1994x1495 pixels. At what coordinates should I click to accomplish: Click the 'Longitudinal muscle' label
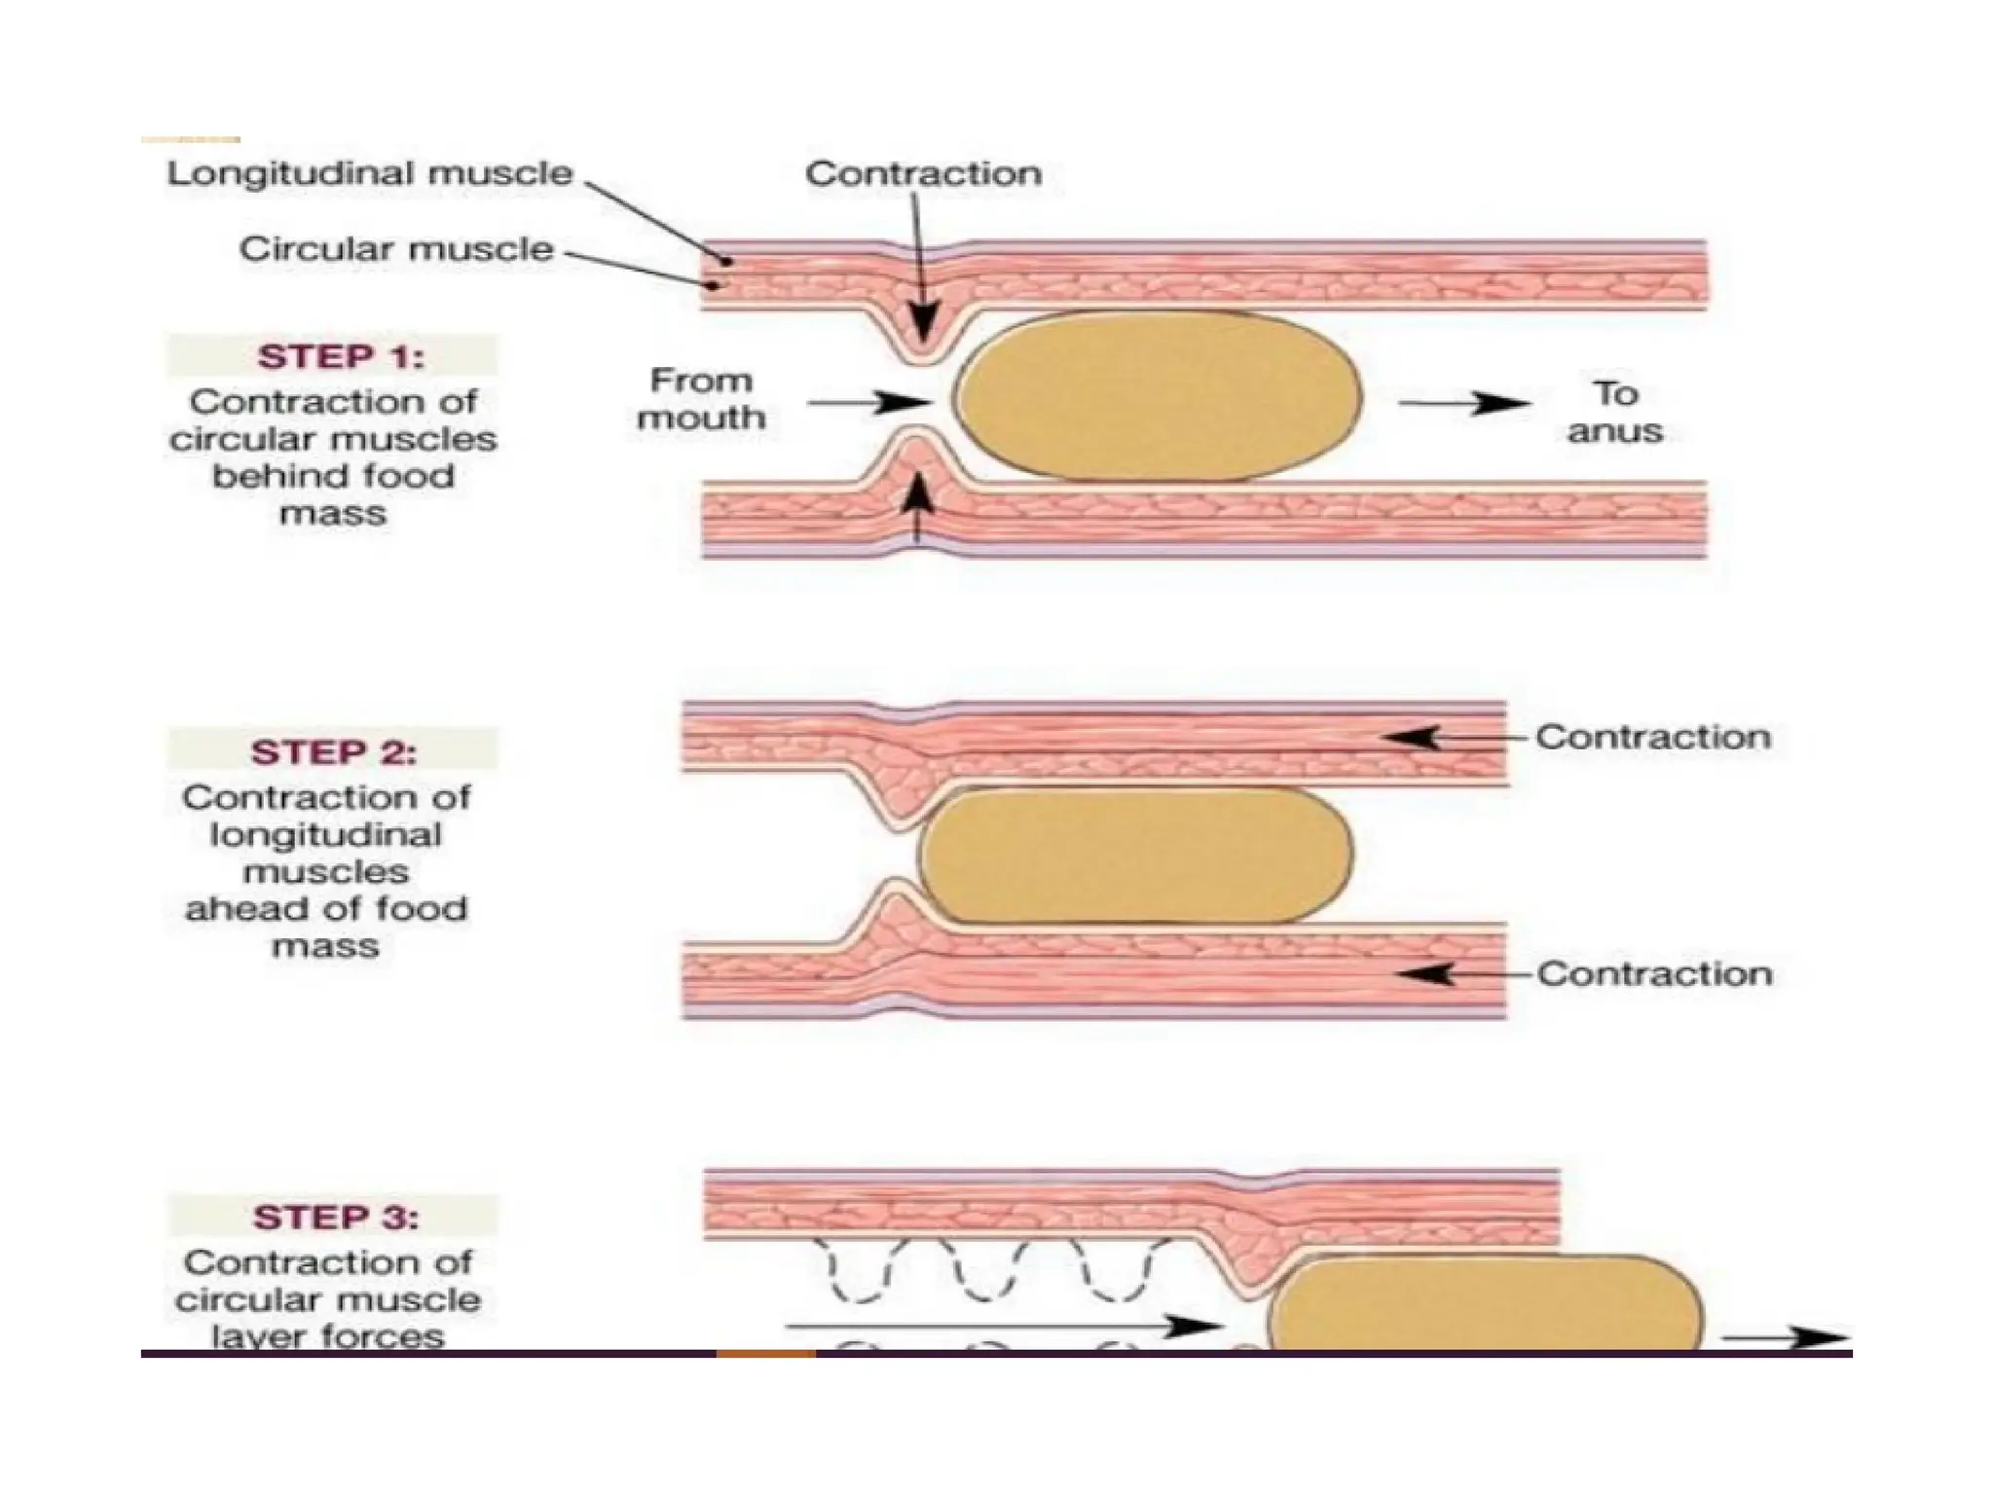pyautogui.click(x=370, y=173)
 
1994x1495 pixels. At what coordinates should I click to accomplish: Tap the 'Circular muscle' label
pyautogui.click(x=396, y=249)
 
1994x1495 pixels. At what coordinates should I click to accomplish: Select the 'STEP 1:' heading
pyautogui.click(x=340, y=357)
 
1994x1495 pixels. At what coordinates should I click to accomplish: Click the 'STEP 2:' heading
pyautogui.click(x=333, y=752)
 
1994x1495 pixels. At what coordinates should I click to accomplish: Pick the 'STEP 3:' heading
pyautogui.click(x=335, y=1218)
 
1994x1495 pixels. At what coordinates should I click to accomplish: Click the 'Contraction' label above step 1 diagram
pyautogui.click(x=923, y=174)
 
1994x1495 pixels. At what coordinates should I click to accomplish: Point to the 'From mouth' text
pyautogui.click(x=700, y=399)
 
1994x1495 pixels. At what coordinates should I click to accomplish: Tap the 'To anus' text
pyautogui.click(x=1614, y=413)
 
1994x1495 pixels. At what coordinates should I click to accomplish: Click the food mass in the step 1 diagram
pyautogui.click(x=1158, y=396)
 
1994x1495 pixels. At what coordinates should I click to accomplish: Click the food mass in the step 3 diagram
pyautogui.click(x=1485, y=1304)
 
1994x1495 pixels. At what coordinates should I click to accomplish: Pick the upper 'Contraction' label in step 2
pyautogui.click(x=1652, y=737)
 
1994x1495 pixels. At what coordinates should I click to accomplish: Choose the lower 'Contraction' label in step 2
pyautogui.click(x=1654, y=973)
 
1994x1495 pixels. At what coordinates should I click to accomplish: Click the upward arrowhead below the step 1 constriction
pyautogui.click(x=915, y=496)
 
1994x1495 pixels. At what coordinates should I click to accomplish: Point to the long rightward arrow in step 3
pyautogui.click(x=1003, y=1326)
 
